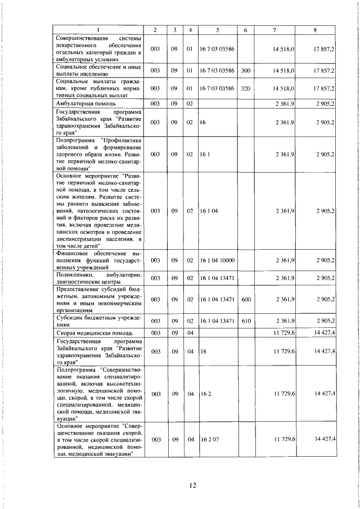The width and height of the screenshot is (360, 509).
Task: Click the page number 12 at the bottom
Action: (192, 485)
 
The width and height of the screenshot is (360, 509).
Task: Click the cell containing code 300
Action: (245, 71)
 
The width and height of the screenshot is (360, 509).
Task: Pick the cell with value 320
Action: (245, 88)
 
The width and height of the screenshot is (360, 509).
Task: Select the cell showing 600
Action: (245, 299)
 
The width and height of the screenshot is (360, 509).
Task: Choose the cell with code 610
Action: (245, 321)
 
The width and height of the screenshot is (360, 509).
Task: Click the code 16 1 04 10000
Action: (217, 260)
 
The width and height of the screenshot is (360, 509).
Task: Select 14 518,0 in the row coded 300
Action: (284, 71)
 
